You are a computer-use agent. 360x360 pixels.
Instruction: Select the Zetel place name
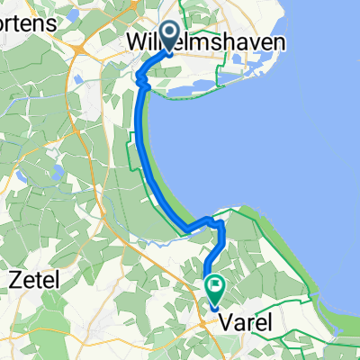tap(33, 280)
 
